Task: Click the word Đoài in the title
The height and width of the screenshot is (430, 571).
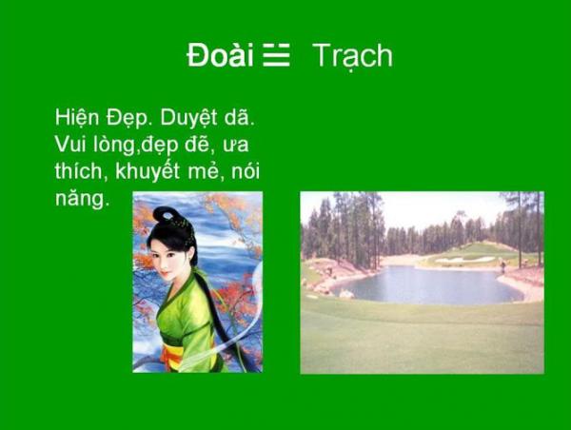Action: [x=220, y=55]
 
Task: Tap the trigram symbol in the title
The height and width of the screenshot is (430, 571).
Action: [x=276, y=55]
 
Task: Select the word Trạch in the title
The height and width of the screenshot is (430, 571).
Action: [x=352, y=57]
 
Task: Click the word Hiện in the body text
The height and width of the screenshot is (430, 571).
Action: [x=77, y=119]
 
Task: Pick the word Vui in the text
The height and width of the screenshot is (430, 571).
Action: [x=70, y=145]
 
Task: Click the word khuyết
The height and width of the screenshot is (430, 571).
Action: [x=148, y=171]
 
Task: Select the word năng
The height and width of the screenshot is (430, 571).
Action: [x=82, y=198]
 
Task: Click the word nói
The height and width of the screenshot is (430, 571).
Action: [x=246, y=170]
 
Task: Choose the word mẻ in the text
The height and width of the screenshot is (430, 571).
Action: [x=204, y=171]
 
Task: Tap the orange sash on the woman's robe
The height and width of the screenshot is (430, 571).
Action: [x=172, y=354]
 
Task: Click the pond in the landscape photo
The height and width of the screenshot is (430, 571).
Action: [x=426, y=284]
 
